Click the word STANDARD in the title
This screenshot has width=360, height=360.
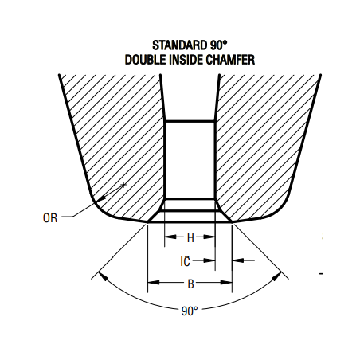(180, 45)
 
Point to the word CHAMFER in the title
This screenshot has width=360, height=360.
(230, 60)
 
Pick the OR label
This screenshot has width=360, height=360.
(50, 218)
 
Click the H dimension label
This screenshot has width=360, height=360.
(190, 238)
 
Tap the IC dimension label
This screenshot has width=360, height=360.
(185, 261)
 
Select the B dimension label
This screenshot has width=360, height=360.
(190, 284)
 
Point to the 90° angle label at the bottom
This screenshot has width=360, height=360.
(190, 311)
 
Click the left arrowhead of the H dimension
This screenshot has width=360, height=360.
(170, 237)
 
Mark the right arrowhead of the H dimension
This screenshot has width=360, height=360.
(209, 237)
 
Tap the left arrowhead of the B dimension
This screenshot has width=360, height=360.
(154, 282)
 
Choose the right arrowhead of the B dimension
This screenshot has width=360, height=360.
(226, 282)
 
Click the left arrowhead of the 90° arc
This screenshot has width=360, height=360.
(104, 276)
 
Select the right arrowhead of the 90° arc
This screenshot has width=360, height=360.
(276, 277)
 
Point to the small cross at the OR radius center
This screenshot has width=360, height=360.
(123, 185)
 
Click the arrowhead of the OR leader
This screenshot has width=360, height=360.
(101, 198)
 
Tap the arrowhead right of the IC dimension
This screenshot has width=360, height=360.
(238, 260)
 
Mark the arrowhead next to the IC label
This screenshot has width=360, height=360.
(209, 260)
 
